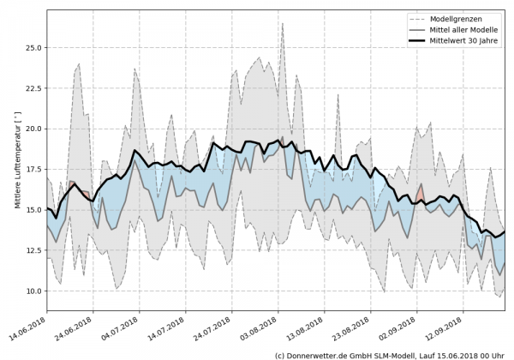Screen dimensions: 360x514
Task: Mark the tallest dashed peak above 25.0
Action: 282,23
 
